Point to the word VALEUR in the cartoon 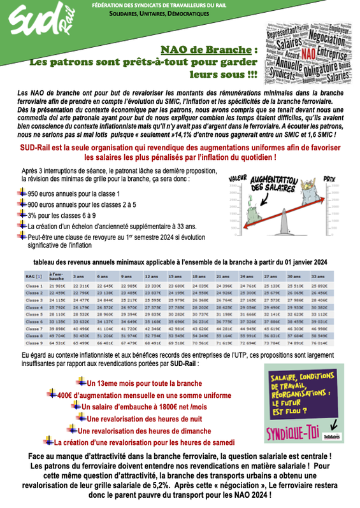[238, 177]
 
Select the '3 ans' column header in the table [79, 277]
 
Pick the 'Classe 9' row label [34, 342]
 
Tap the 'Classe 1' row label [34, 286]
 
